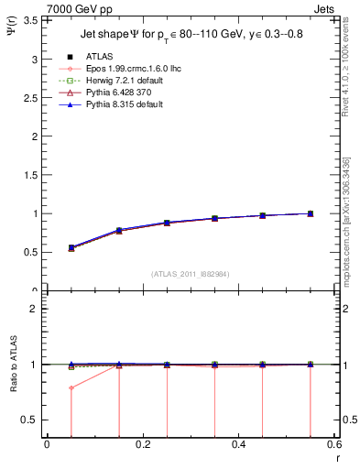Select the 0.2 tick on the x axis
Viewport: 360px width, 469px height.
click(x=142, y=445)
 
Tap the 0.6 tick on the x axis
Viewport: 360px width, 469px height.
click(x=334, y=445)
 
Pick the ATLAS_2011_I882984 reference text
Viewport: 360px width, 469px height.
click(x=191, y=273)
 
